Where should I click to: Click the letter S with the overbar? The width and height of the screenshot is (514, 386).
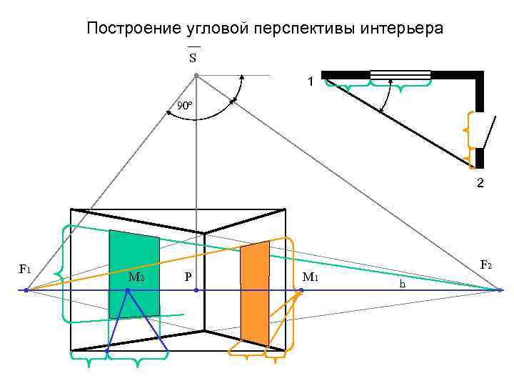(x=193, y=57)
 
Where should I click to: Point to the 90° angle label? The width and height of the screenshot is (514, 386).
(x=184, y=107)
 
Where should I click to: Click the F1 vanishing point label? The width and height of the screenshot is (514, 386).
(x=24, y=269)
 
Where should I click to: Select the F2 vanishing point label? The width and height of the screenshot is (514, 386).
(x=485, y=265)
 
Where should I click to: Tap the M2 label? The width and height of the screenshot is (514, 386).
(x=136, y=277)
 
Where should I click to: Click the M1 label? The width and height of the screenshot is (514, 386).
(x=310, y=277)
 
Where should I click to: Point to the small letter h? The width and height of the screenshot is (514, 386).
(x=403, y=284)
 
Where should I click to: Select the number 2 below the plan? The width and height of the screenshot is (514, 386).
(x=480, y=184)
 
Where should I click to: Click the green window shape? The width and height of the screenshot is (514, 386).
(x=134, y=274)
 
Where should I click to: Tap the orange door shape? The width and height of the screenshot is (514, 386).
(x=255, y=293)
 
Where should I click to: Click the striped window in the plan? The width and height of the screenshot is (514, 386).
(x=400, y=74)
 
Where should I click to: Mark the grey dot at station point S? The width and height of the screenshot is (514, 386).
(x=196, y=75)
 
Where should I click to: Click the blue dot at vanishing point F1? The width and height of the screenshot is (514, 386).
(x=26, y=290)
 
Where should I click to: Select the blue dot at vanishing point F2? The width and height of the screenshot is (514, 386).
(x=500, y=290)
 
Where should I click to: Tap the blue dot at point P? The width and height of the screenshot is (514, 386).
(x=196, y=290)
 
